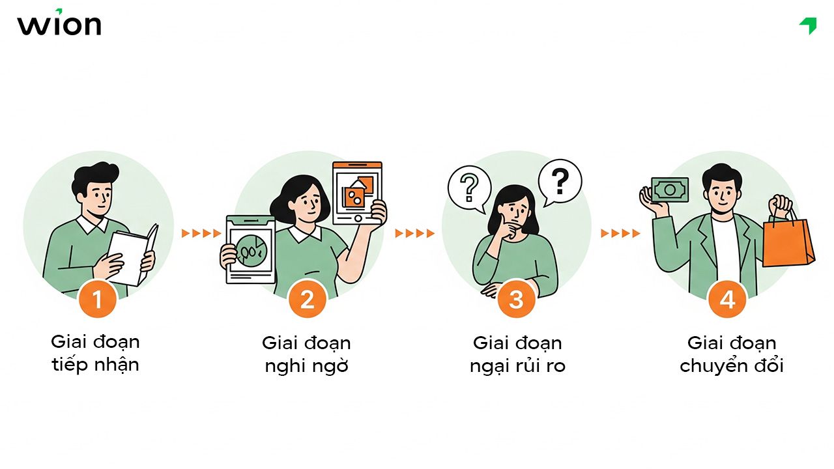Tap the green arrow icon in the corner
tap(809, 25)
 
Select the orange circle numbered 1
tap(97, 300)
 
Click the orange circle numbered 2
tap(307, 300)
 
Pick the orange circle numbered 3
tap(516, 300)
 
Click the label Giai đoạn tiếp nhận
tap(95, 352)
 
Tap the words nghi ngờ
tap(306, 366)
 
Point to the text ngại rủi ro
tap(517, 366)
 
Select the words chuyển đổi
tap(731, 366)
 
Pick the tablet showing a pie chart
tap(250, 249)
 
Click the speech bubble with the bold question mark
tap(560, 180)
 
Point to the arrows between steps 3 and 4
tap(620, 233)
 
